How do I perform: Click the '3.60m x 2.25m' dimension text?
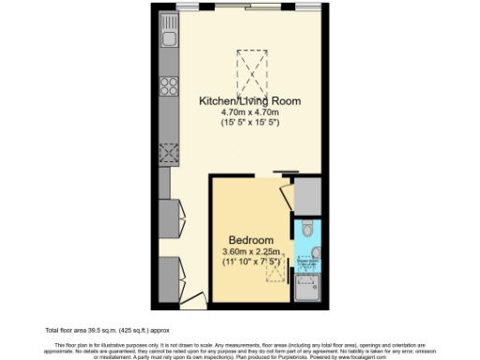(x=251, y=252)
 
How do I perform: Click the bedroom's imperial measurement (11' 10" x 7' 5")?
(x=251, y=263)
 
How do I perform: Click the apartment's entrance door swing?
(x=193, y=299)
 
